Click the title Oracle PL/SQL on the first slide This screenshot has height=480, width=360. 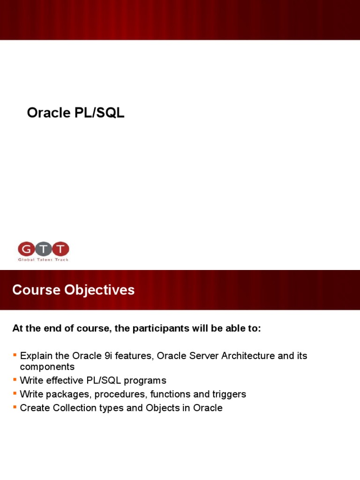pyautogui.click(x=75, y=113)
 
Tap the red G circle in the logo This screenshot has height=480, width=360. pyautogui.click(x=26, y=249)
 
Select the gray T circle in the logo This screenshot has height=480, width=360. pyautogui.click(x=43, y=249)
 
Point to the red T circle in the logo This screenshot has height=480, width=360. pyautogui.click(x=61, y=249)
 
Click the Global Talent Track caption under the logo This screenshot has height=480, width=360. pyautogui.click(x=43, y=259)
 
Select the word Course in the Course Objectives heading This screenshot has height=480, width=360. pyautogui.click(x=36, y=290)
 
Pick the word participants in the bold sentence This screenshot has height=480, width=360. pyautogui.click(x=161, y=328)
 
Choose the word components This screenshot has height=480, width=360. pyautogui.click(x=47, y=367)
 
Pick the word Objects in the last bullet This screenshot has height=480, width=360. pyautogui.click(x=163, y=408)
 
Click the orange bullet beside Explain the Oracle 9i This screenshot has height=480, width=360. pyautogui.click(x=15, y=354)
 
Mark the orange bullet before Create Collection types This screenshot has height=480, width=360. pyautogui.click(x=15, y=407)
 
